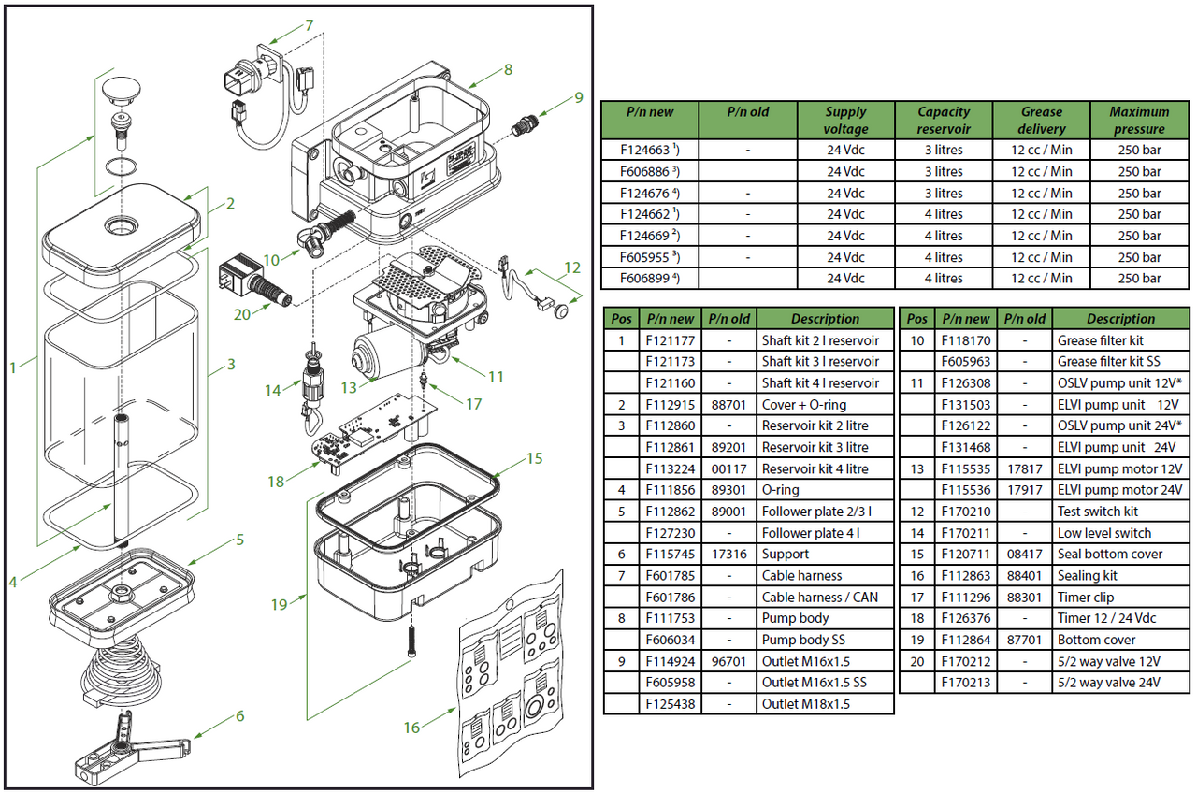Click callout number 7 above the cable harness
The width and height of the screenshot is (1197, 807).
coord(309,25)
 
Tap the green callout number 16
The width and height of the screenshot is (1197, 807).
coord(411,728)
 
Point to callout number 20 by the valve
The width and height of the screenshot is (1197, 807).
coord(242,314)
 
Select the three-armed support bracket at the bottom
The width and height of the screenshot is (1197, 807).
coord(132,748)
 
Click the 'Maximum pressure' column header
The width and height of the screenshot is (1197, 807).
coord(1139,121)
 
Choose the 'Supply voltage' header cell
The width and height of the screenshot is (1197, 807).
coord(845,121)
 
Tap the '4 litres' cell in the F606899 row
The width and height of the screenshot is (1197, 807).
coord(944,279)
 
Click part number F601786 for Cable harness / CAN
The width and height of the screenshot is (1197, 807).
coord(671,597)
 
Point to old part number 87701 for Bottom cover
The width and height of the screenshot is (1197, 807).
coord(1024,640)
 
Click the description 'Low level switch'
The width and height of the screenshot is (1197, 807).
coord(1104,533)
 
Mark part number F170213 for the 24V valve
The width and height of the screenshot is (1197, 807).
coord(966,683)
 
